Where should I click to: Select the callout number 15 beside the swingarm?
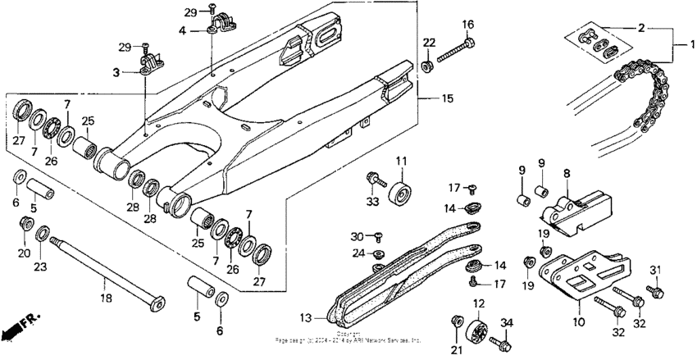[447, 99]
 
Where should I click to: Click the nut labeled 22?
[428, 64]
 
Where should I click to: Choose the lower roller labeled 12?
[476, 335]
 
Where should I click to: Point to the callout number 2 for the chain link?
[640, 27]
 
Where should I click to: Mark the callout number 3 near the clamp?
[116, 72]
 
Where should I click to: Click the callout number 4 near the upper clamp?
[183, 31]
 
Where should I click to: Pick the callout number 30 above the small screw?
[357, 235]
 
